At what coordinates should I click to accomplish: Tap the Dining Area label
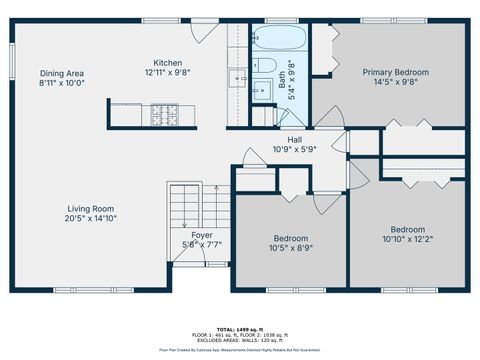[61, 73]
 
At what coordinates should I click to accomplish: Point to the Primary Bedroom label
[395, 72]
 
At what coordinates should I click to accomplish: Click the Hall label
[295, 140]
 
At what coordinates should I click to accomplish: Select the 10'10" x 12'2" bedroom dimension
[407, 238]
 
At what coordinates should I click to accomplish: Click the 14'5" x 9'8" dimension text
[395, 82]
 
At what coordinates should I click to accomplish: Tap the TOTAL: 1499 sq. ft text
[240, 328]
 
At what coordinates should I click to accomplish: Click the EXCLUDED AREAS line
[240, 339]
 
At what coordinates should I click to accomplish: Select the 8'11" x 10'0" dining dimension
[61, 83]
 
